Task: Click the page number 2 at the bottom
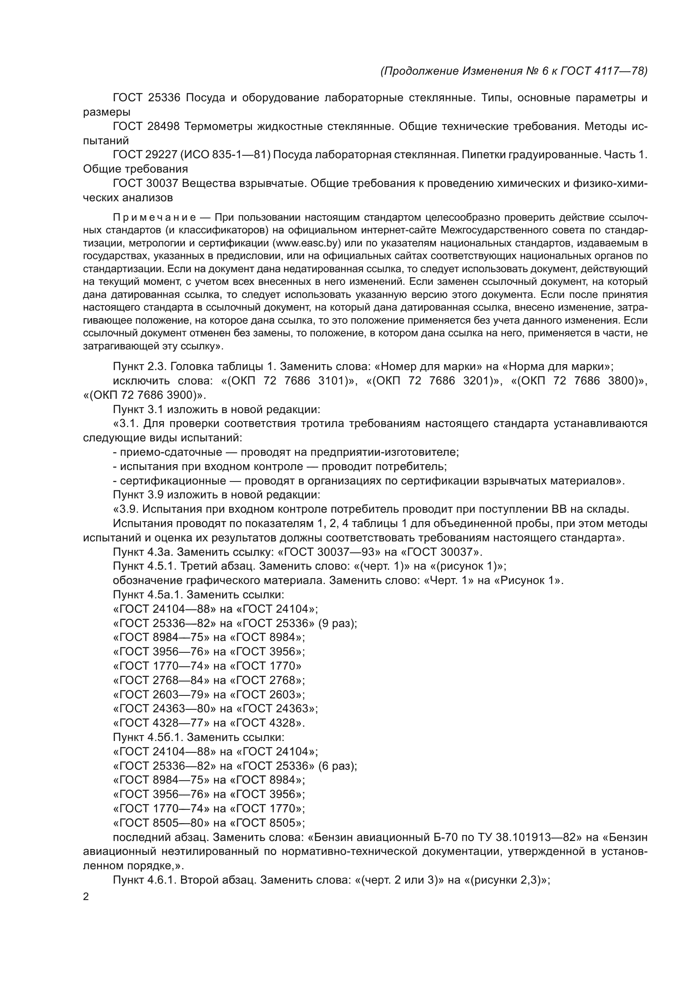click(x=86, y=897)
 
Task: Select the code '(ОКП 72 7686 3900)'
click(x=141, y=395)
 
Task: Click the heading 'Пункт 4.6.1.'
click(x=144, y=880)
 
